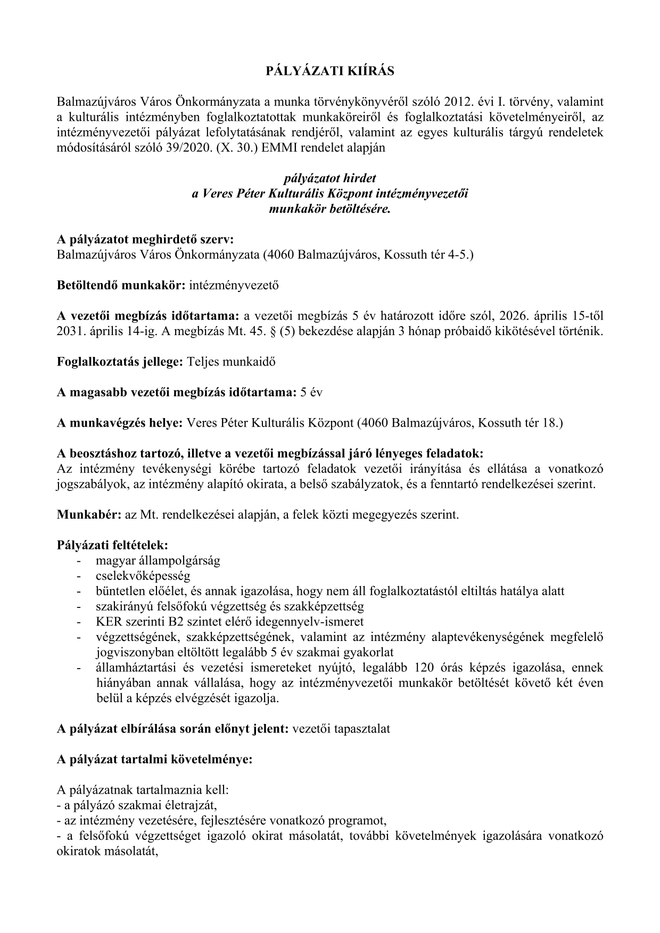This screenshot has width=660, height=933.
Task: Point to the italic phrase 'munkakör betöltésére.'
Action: (330, 209)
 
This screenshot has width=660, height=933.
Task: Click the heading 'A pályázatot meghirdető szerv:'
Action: (145, 239)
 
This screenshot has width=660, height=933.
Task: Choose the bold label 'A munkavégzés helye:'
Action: (120, 423)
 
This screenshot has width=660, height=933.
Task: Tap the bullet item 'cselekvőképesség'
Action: (143, 576)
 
